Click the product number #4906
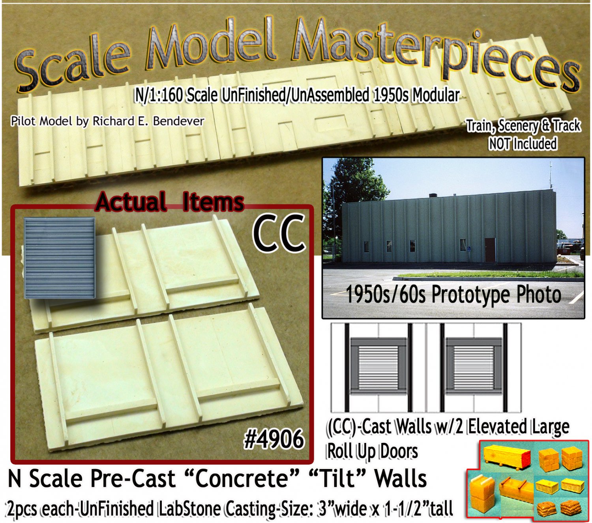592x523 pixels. coord(274,439)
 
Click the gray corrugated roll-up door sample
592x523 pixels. coord(60,258)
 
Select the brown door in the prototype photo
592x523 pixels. coord(490,250)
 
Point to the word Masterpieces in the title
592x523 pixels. coord(435,52)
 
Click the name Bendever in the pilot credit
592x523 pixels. coord(178,121)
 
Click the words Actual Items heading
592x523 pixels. coord(169,202)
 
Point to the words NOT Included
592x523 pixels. coord(523,144)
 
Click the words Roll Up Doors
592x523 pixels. coord(372,451)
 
